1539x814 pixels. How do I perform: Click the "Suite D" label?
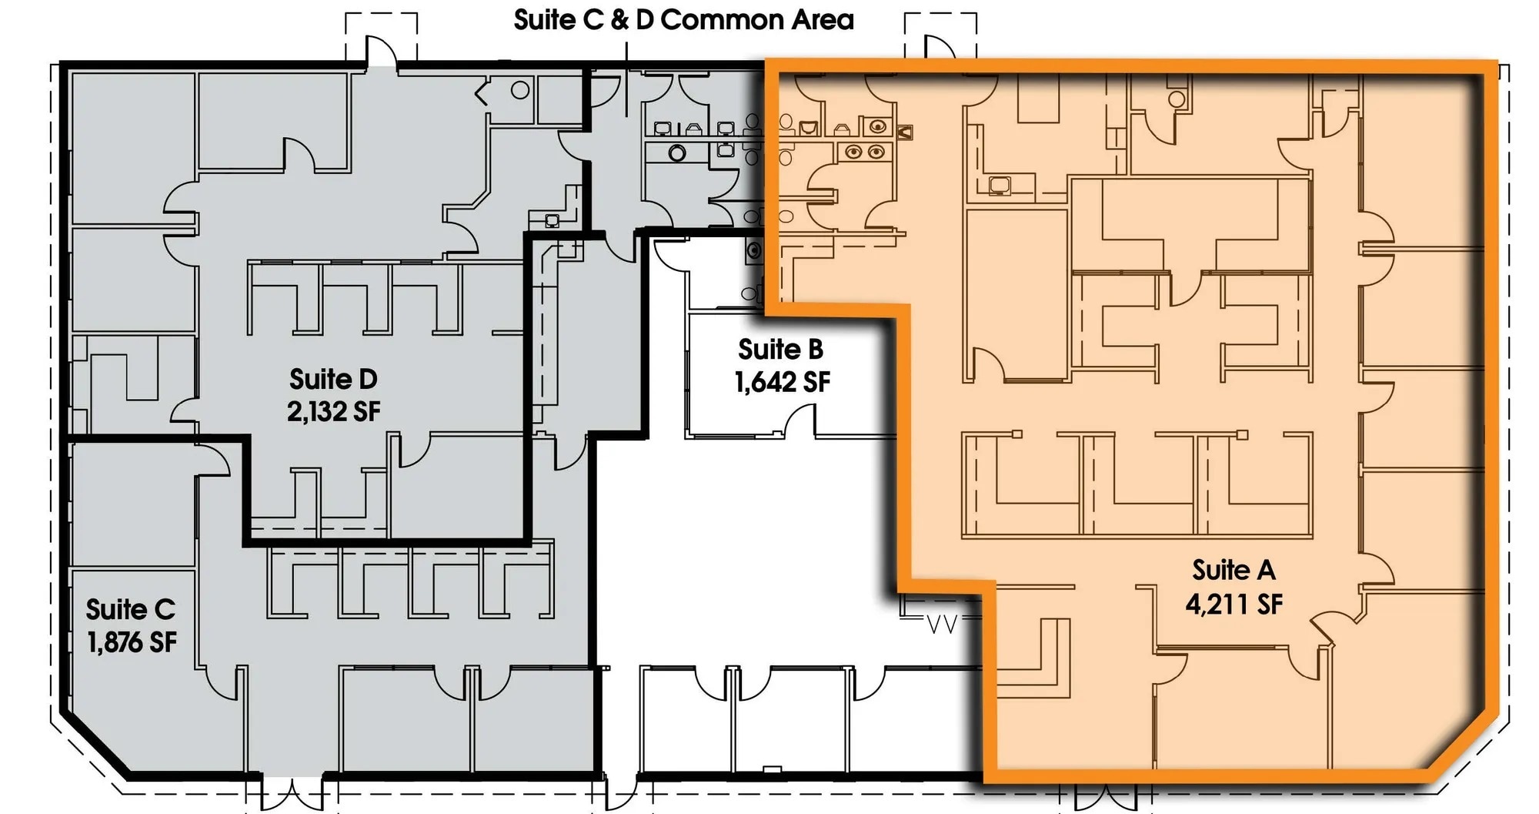pos(333,379)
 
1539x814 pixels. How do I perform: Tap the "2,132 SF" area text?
pos(333,411)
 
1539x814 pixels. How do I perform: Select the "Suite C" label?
pos(130,609)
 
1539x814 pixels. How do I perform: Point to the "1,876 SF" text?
pos(132,641)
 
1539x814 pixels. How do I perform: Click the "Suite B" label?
pos(780,349)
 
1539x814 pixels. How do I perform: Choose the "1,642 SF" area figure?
pos(782,382)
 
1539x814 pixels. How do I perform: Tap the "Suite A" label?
pos(1234,570)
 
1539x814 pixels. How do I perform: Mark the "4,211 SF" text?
pos(1234,604)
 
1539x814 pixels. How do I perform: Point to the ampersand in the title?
pos(619,20)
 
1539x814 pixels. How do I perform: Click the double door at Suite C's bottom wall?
pos(292,793)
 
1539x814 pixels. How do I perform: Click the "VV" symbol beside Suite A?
pos(941,624)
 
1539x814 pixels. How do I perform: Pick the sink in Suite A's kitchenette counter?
pos(1000,185)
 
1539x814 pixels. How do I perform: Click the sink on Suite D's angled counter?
pos(552,220)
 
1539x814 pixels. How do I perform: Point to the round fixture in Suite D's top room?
pos(520,90)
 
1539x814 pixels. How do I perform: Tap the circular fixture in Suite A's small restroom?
pos(1176,99)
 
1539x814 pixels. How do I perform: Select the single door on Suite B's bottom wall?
pos(800,423)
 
